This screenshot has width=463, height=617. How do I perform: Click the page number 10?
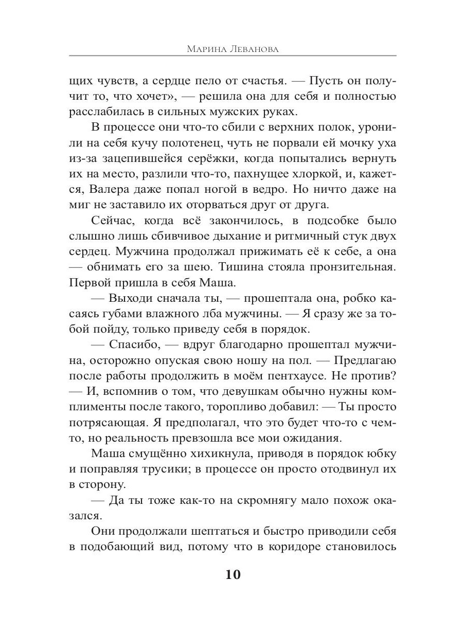233,574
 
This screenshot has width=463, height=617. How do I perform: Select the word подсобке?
326,221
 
